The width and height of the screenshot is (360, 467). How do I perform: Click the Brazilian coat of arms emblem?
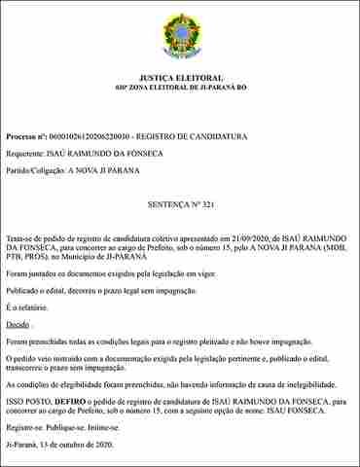click(180, 37)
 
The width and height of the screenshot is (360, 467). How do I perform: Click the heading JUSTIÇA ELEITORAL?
click(181, 78)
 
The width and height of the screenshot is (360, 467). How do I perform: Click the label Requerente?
click(25, 154)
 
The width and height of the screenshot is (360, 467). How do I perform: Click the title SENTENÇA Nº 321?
click(181, 208)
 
